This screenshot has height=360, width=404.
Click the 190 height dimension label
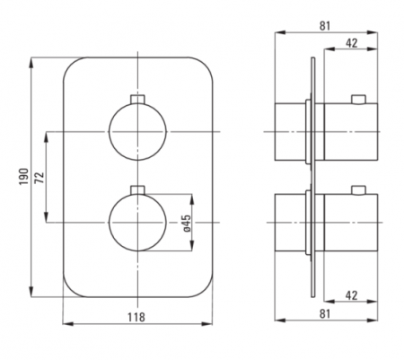coord(24,177)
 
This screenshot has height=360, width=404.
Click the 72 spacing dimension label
coord(40,177)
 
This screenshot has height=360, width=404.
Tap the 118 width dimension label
coord(136,317)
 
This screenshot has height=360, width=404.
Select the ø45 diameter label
coord(187,224)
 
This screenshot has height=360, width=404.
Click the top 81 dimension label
coord(325,26)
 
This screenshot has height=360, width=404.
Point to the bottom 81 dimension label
coord(325,313)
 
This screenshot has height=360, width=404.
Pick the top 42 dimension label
coord(352,43)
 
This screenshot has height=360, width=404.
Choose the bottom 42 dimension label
coord(352,295)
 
